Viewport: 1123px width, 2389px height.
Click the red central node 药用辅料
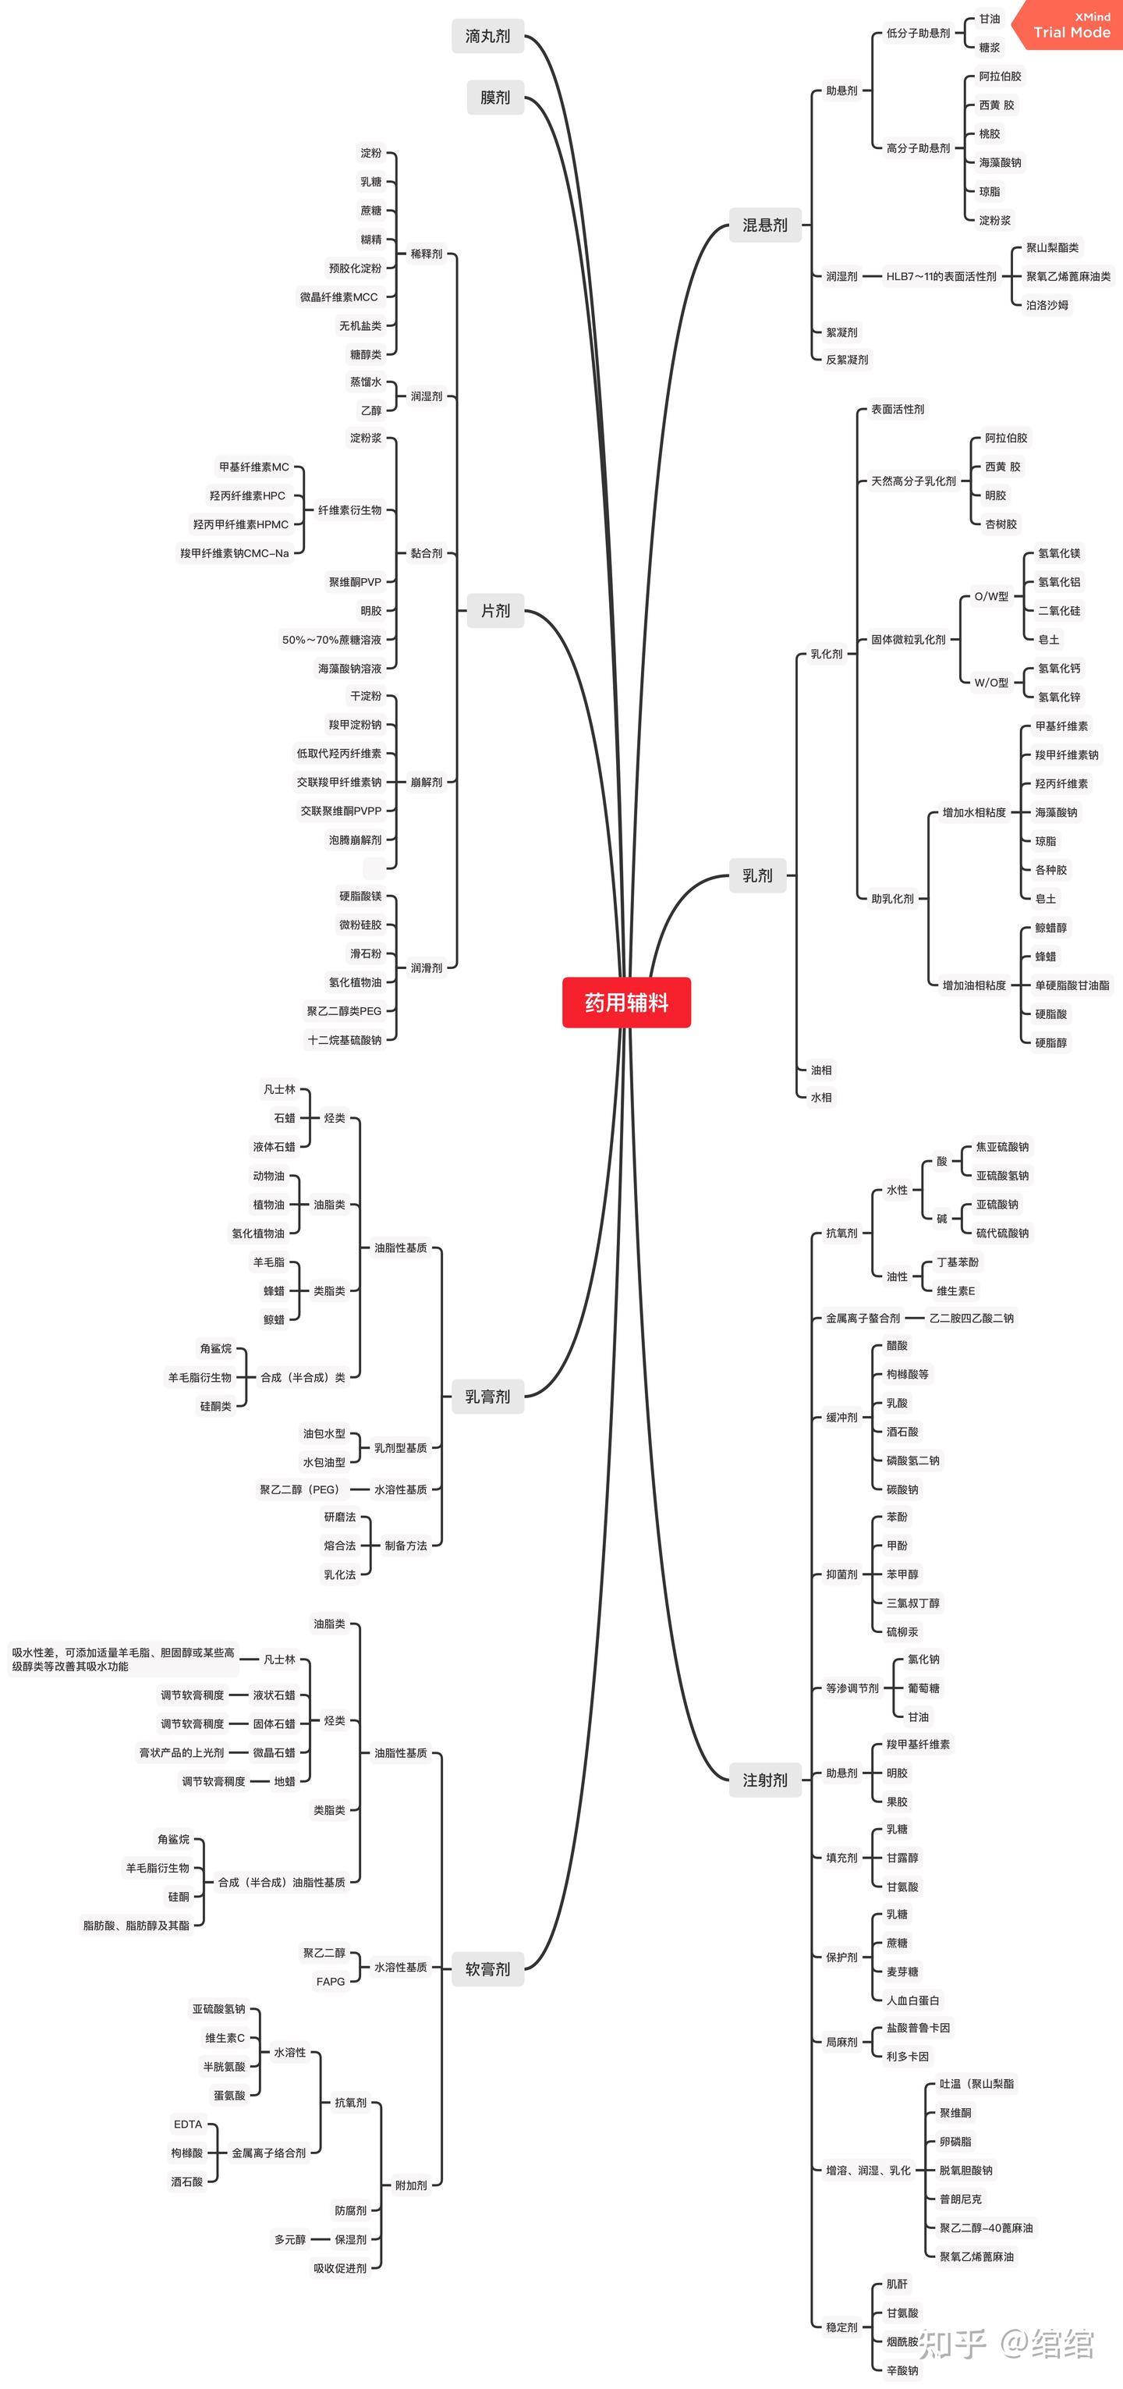coord(626,1002)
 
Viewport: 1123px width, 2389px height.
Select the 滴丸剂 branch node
coord(487,36)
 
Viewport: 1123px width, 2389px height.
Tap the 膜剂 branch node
coord(495,98)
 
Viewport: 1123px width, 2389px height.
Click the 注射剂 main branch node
coord(765,1780)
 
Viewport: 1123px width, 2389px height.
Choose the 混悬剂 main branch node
coord(765,225)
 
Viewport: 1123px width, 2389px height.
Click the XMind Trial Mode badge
coord(1068,25)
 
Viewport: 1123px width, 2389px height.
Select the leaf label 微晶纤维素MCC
coord(338,296)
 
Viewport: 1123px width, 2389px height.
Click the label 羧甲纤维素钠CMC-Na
coord(235,552)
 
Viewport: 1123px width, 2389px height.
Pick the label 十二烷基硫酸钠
coord(344,1039)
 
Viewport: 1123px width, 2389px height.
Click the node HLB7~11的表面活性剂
coord(941,276)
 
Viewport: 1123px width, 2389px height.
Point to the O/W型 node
coord(991,596)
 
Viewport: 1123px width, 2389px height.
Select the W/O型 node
coord(991,683)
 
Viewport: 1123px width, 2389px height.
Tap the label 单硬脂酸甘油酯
coord(1072,985)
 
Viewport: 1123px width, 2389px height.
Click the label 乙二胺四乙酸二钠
coord(971,1318)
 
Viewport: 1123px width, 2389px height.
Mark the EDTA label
coord(187,2124)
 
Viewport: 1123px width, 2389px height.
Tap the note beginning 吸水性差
coord(123,1660)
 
